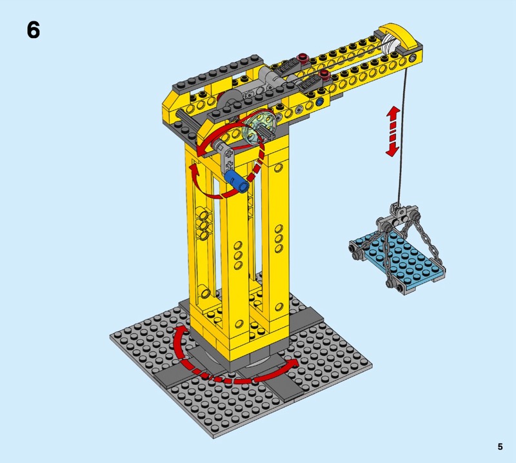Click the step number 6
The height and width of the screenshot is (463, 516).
click(x=34, y=30)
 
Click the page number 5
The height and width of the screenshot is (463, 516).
click(x=501, y=446)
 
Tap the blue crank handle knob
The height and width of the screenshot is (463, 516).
click(x=236, y=181)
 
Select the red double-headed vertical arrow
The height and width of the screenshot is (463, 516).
click(x=393, y=131)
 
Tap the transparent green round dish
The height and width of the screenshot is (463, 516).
click(x=258, y=127)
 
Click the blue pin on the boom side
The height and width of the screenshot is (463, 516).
click(x=319, y=103)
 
